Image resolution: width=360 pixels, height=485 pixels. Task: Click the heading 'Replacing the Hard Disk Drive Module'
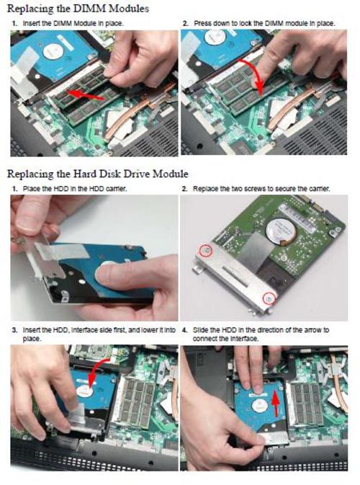point(98,173)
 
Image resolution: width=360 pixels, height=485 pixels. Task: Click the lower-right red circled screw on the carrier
point(269,297)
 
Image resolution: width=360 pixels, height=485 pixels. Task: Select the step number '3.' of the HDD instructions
point(14,330)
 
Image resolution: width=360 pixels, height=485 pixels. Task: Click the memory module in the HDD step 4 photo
point(305,403)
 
